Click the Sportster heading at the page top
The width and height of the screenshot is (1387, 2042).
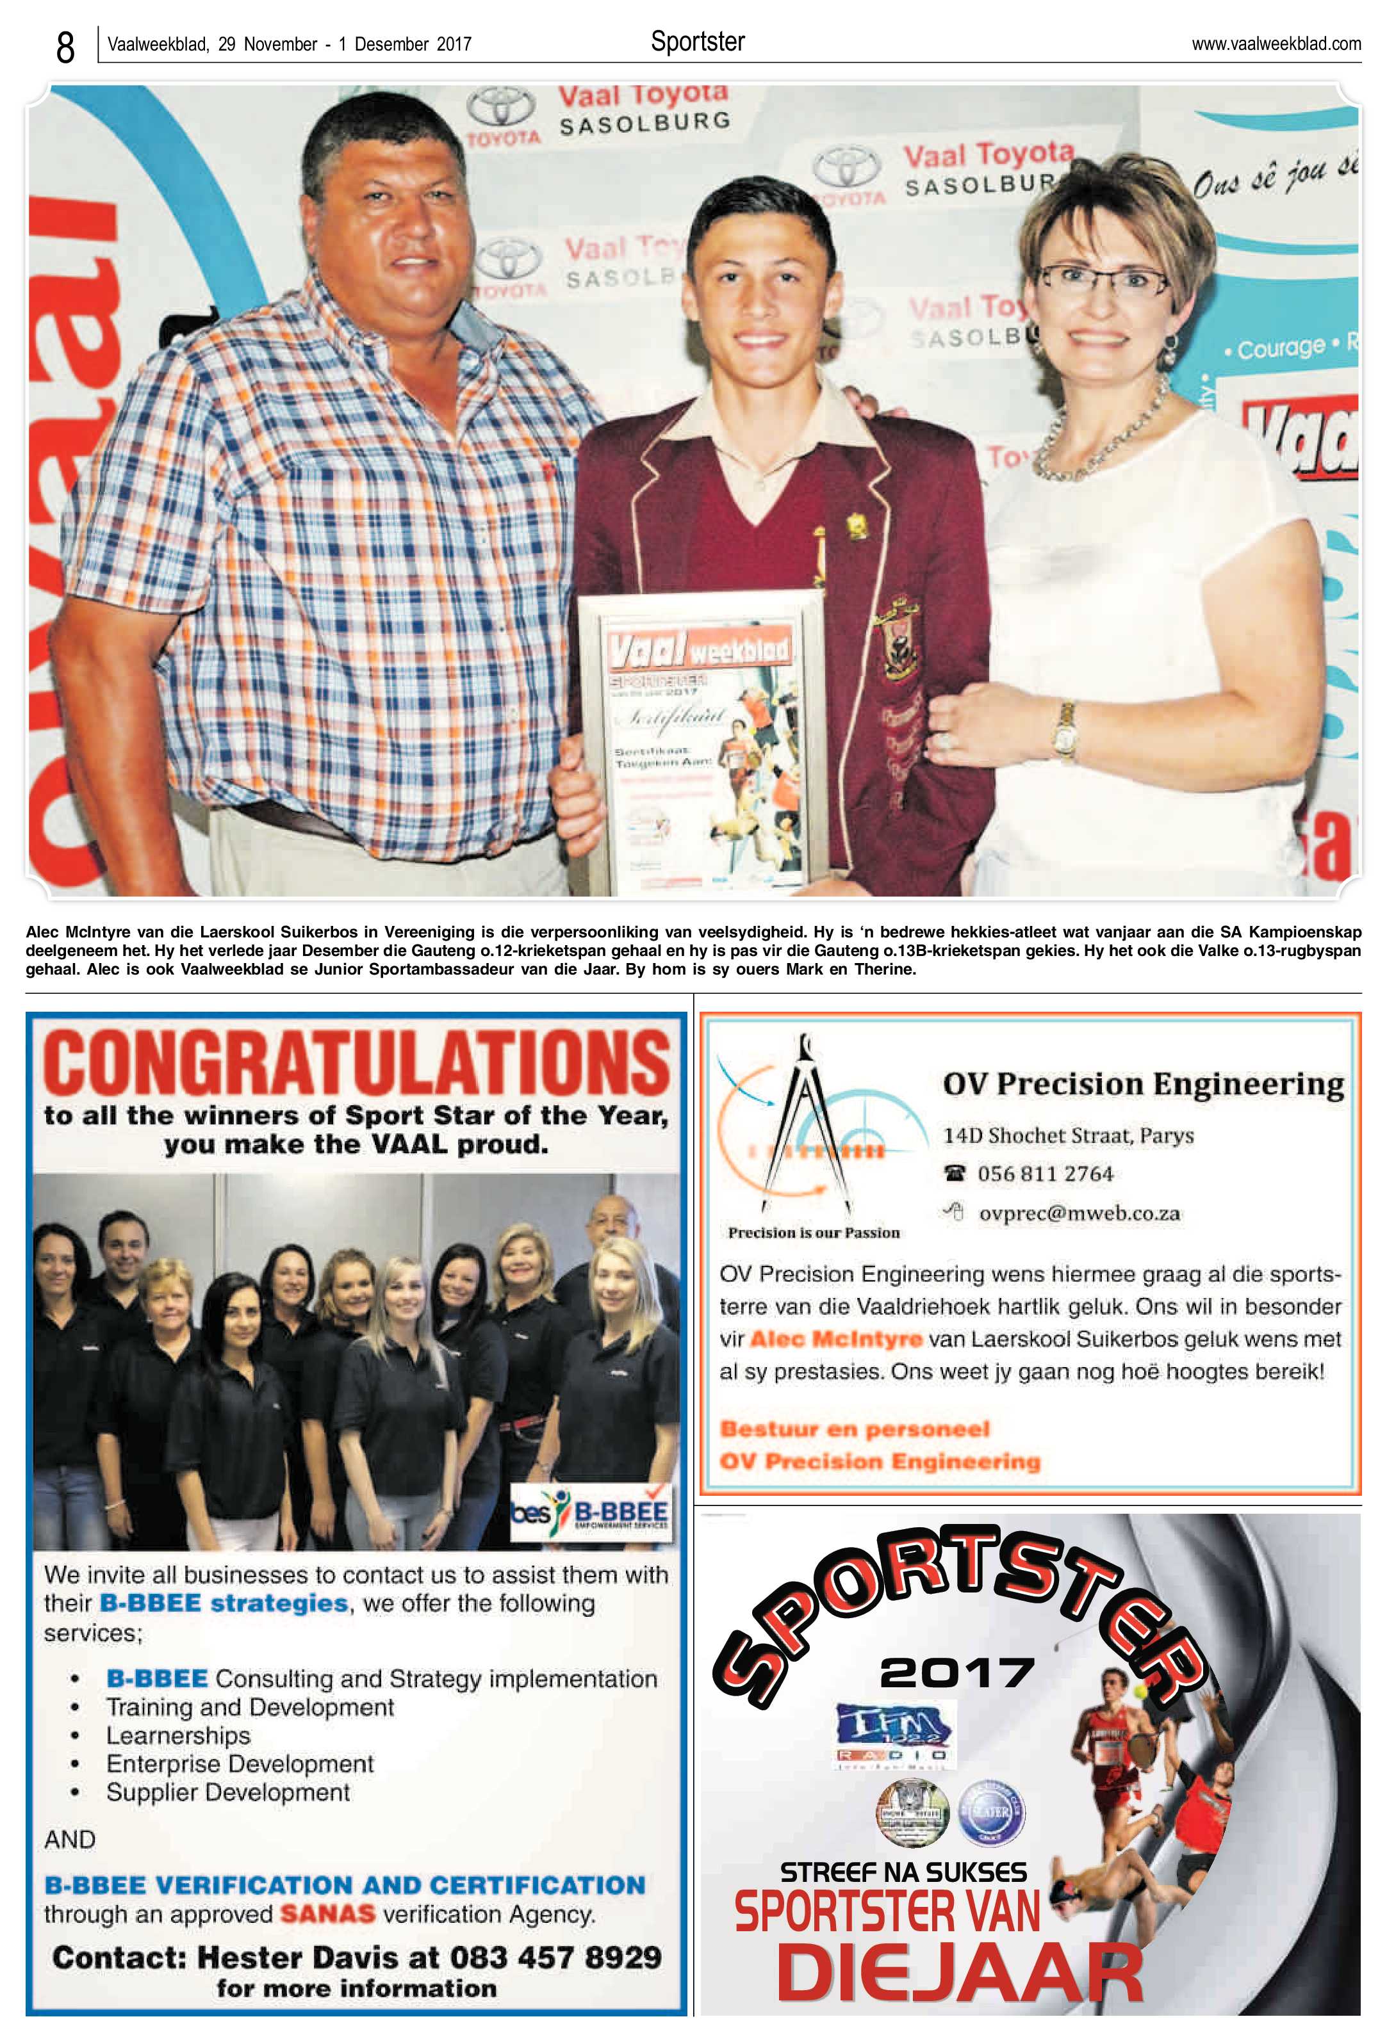[697, 41]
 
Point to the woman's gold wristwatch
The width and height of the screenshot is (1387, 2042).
[1065, 729]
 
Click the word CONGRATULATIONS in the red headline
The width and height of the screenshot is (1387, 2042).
[356, 1063]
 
